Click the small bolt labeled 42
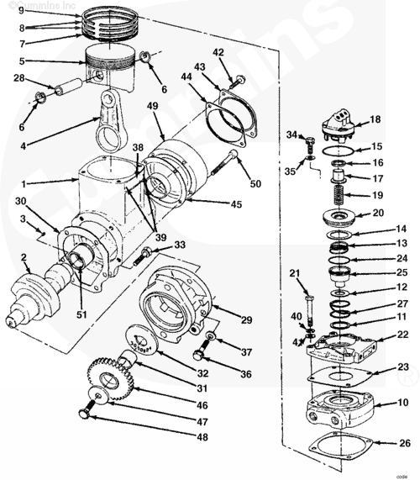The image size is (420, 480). click(x=239, y=82)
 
